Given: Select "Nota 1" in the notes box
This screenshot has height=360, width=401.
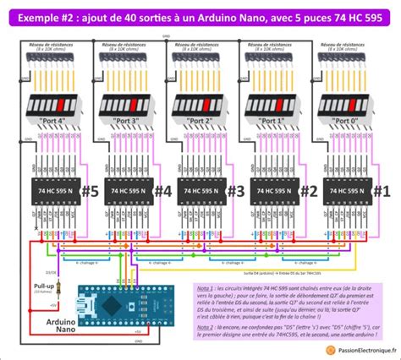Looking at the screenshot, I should (203, 288).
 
